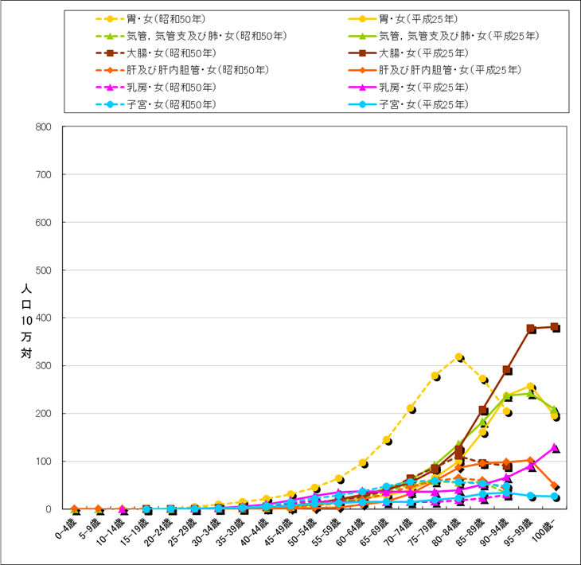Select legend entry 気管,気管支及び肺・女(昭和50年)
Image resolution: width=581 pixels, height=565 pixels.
pos(207,36)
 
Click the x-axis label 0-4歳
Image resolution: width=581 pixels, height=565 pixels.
pos(67,529)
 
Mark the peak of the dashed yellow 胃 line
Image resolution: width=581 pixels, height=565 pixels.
pos(458,357)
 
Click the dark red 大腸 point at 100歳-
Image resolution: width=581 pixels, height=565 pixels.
pos(554,327)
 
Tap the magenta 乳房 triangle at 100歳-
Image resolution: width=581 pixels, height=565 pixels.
pos(554,448)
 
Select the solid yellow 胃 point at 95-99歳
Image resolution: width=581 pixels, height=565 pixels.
pos(530,387)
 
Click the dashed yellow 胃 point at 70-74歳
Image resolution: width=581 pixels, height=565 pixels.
pos(411,408)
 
